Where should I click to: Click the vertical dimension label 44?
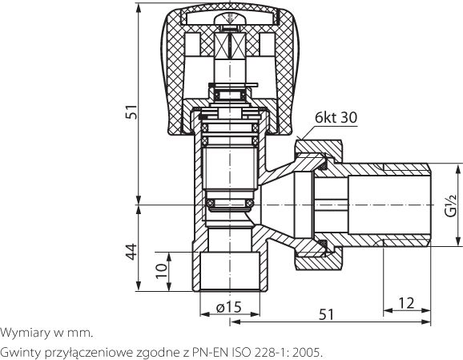pyautogui.click(x=131, y=252)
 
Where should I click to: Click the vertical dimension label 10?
pyautogui.click(x=162, y=271)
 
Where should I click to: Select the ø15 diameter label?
pyautogui.click(x=229, y=307)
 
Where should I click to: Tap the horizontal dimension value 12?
pyautogui.click(x=406, y=303)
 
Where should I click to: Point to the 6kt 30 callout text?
pyautogui.click(x=336, y=117)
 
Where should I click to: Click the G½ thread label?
pyautogui.click(x=451, y=206)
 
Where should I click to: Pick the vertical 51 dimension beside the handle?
pyautogui.click(x=131, y=111)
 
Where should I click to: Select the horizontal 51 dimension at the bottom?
pyautogui.click(x=327, y=314)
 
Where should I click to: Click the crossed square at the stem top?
pyautogui.click(x=230, y=46)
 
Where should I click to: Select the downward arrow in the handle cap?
pyautogui.click(x=229, y=18)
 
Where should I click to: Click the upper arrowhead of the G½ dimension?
pyautogui.click(x=458, y=170)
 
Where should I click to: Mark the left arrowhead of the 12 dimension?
pyautogui.click(x=388, y=310)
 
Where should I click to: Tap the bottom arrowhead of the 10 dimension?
pyautogui.click(x=169, y=286)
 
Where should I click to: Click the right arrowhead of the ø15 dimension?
pyautogui.click(x=255, y=314)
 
